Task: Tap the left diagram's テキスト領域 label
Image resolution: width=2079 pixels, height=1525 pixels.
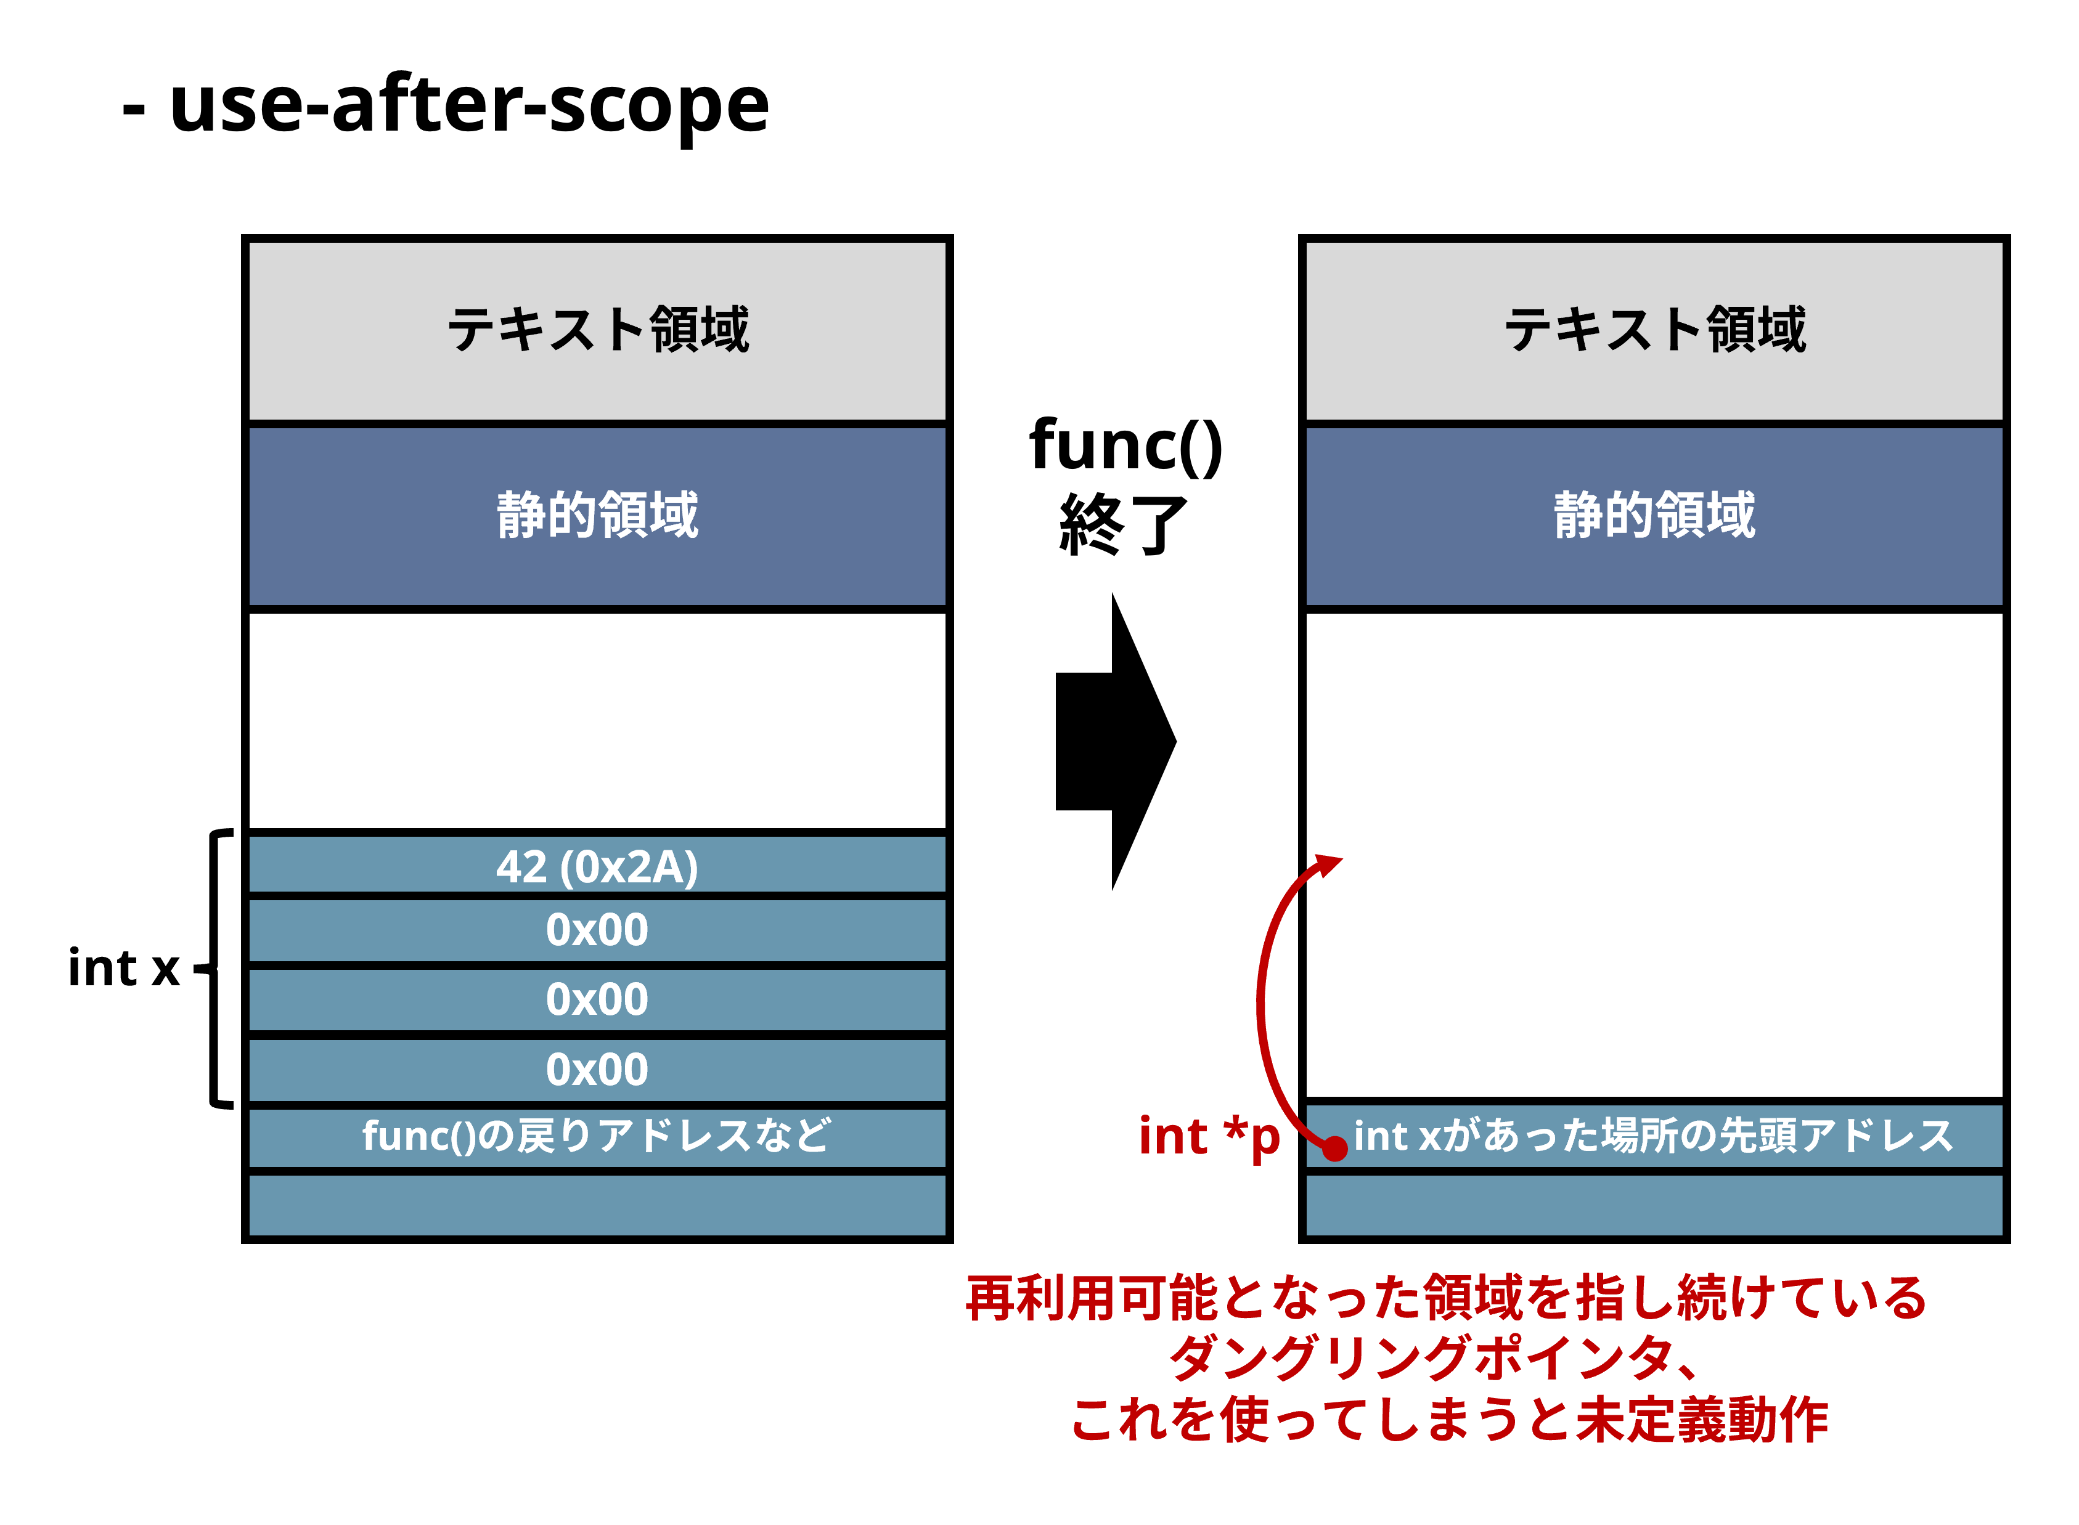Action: click(597, 330)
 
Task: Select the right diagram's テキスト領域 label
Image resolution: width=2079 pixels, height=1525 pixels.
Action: click(1654, 330)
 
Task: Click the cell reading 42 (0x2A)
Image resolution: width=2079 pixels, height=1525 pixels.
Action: click(597, 866)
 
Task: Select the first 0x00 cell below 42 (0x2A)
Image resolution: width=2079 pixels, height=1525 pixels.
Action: click(597, 930)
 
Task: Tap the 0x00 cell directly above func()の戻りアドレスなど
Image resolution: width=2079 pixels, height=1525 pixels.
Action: click(597, 1070)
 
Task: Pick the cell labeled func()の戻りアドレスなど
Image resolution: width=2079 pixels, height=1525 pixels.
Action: click(597, 1136)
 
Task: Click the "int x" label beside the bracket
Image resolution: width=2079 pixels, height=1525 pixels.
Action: click(124, 969)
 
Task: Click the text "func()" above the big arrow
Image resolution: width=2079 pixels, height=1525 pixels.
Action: click(1125, 446)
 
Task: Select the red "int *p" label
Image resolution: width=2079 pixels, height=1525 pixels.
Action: click(1209, 1136)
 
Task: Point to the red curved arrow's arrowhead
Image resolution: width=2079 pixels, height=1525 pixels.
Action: click(1329, 865)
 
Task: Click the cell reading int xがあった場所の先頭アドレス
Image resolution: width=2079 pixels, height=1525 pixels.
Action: click(1654, 1136)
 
